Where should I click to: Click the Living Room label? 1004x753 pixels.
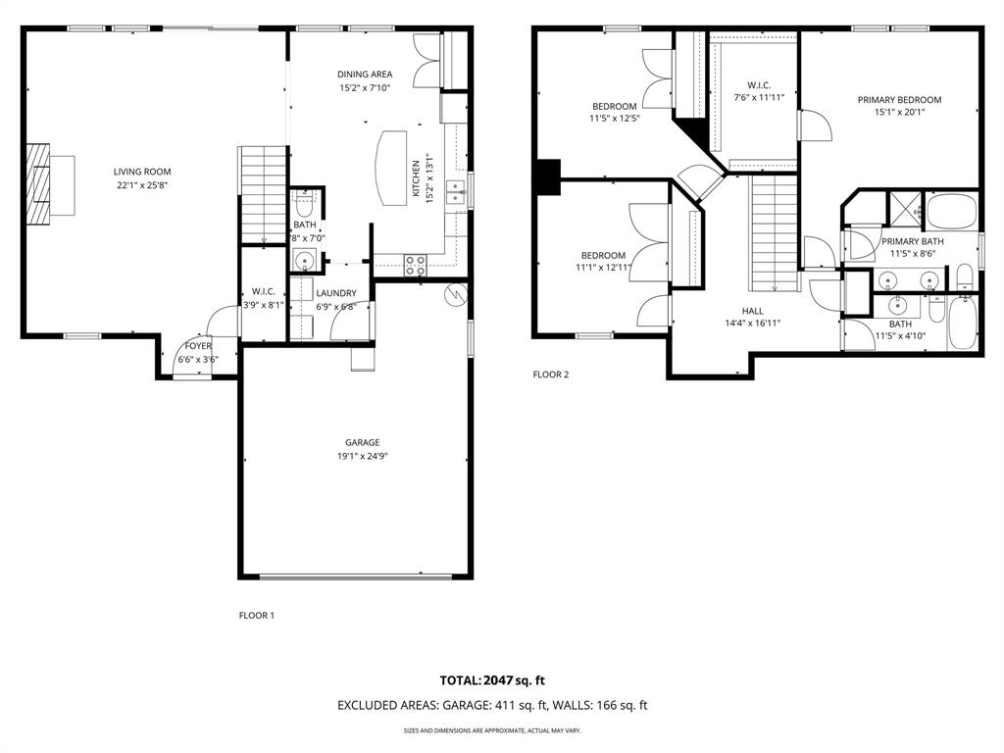134,172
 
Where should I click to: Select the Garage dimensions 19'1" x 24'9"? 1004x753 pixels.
362,455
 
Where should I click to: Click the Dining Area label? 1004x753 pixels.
364,75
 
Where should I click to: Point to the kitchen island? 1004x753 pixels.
390,168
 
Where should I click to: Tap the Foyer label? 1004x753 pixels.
197,346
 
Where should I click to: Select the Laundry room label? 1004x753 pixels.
335,293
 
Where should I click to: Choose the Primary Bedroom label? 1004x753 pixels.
898,100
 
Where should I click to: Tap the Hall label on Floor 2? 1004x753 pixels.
752,311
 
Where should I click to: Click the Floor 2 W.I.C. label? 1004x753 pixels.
759,84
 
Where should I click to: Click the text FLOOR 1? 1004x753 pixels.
257,616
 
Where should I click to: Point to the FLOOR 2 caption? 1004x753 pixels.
550,374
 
